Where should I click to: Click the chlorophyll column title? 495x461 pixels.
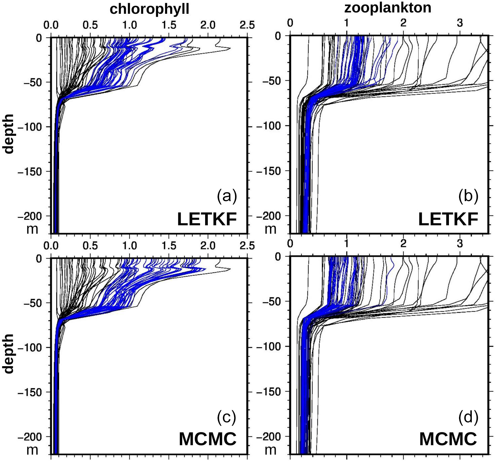(149, 9)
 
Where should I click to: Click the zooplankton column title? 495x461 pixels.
(387, 7)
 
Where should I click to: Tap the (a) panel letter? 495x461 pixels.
(227, 196)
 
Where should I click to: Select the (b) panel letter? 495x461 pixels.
(468, 196)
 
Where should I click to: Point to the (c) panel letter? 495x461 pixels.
(227, 417)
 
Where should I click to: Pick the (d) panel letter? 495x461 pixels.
(468, 417)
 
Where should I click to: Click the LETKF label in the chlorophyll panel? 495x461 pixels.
(207, 220)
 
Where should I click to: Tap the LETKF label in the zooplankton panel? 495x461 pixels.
(448, 220)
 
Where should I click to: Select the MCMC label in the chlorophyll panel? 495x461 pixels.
(207, 439)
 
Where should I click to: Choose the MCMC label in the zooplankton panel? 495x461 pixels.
(448, 439)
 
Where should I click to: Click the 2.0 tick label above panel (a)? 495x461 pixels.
(208, 25)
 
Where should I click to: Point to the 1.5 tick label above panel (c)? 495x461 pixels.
(169, 246)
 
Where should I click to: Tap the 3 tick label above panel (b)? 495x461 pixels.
(460, 23)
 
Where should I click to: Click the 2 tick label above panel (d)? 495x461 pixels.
(403, 244)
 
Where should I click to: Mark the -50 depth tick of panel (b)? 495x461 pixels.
(272, 81)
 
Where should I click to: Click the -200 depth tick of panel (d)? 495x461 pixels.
(268, 437)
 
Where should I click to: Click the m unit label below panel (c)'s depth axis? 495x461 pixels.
(32, 450)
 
